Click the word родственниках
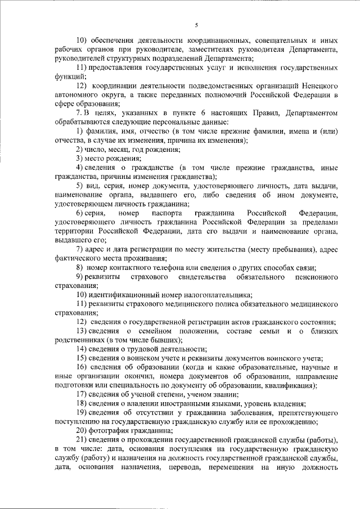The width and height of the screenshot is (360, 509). pos(80,340)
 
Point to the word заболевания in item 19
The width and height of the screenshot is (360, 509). pos(237,412)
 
